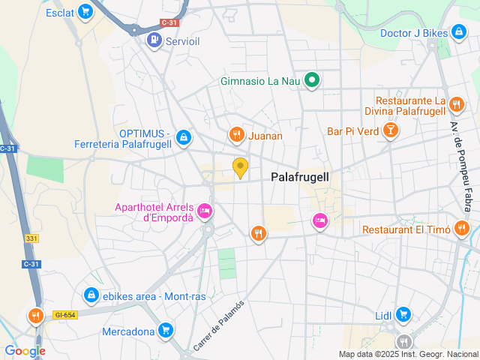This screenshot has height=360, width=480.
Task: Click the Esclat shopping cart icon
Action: pos(86,12)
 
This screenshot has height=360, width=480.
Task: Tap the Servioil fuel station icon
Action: pos(154,39)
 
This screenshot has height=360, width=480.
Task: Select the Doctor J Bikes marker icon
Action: pos(458,32)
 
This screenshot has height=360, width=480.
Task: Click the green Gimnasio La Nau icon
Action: pos(312,81)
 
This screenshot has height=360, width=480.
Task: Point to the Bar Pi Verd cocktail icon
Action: pos(390,131)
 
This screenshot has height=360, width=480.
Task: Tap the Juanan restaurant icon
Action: pos(236,135)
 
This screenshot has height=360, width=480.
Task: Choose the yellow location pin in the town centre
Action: pos(240,168)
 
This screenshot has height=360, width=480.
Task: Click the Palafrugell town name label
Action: pos(300,177)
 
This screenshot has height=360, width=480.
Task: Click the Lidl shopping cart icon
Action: pos(403,314)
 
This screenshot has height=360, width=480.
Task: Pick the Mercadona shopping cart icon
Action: pos(166,329)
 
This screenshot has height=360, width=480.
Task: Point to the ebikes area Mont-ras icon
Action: pos(91,295)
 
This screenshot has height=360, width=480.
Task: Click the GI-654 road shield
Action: pos(64,315)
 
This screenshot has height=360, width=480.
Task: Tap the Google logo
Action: pos(25,350)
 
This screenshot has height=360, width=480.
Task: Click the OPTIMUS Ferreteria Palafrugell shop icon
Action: pos(184,137)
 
